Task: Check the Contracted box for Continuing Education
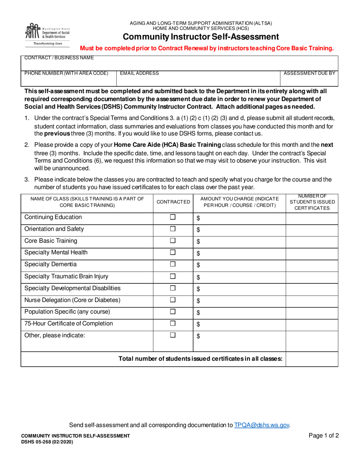click(173, 217)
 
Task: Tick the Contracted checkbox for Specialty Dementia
click(173, 264)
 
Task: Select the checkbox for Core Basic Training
click(173, 241)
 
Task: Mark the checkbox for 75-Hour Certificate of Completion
click(173, 324)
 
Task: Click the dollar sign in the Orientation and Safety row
click(198, 230)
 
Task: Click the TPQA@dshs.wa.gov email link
click(262, 425)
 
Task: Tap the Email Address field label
click(139, 73)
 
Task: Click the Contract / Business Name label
click(59, 58)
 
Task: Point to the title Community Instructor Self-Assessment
click(201, 37)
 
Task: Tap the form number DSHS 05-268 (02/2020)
click(47, 442)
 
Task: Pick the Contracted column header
click(173, 202)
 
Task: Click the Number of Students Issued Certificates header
click(312, 202)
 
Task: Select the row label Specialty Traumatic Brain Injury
click(66, 277)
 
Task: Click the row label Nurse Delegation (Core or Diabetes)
click(72, 300)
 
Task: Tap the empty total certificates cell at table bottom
click(311, 359)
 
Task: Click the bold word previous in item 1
click(57, 134)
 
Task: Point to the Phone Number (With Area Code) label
click(66, 73)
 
